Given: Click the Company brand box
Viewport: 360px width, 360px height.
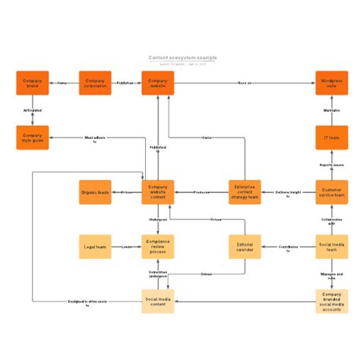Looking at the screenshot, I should [33, 83].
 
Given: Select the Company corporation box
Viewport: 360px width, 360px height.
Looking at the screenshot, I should [95, 83].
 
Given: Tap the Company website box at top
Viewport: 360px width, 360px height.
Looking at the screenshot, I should [157, 83].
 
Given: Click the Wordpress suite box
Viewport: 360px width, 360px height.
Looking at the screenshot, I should [332, 83].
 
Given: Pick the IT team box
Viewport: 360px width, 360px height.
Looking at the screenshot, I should [332, 137].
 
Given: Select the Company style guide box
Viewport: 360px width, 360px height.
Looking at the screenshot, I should [33, 137].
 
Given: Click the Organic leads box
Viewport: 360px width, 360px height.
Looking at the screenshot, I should [95, 192].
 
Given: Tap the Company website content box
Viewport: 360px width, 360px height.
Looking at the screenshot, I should [157, 192].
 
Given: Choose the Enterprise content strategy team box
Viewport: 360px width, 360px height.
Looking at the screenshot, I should [245, 192].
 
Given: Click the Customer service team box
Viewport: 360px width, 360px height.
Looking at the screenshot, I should [332, 192].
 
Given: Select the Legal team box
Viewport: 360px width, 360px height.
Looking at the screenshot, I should [95, 247].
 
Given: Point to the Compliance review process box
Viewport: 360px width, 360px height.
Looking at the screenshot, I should [157, 247].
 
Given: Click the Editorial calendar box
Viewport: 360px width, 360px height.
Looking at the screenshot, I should [245, 247].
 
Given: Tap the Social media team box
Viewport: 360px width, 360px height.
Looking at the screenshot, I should [332, 247].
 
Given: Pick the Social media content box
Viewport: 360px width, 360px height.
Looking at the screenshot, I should [157, 301].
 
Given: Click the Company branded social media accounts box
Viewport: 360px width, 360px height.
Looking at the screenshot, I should [332, 301].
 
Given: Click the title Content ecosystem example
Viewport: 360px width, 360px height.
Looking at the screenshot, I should [182, 58].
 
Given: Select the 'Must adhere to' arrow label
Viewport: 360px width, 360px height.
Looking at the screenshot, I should [95, 139].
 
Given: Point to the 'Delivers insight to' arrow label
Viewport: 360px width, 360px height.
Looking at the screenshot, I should [288, 193].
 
